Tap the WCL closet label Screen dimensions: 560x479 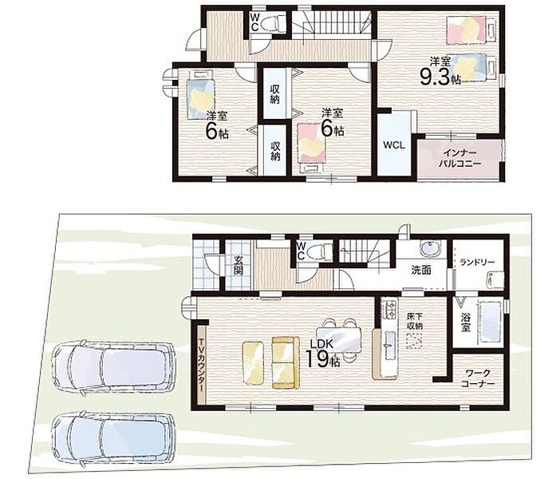394,145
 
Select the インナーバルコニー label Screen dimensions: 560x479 459,158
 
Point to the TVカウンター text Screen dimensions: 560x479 202,362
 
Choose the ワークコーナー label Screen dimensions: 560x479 477,379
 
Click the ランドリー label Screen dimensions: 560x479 477,263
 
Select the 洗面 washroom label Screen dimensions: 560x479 421,271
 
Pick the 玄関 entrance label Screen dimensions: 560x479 239,266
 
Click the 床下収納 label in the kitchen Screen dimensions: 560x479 415,321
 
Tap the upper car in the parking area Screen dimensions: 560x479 113,368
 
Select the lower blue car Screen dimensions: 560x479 113,440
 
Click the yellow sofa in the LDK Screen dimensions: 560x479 286,362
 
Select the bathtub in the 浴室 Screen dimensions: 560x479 491,323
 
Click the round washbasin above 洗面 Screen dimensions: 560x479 430,248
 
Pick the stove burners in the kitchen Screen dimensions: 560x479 389,310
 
